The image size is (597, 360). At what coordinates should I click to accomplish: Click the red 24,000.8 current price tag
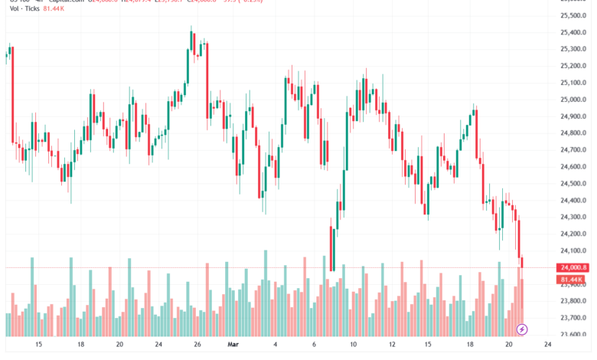click(573, 267)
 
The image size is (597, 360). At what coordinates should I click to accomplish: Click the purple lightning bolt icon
click(522, 329)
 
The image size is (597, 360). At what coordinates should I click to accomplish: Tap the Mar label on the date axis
click(233, 345)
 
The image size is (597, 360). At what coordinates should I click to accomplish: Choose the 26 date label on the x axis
click(197, 345)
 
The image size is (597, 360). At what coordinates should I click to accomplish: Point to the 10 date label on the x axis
click(354, 345)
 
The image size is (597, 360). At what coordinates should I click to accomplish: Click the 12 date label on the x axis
click(392, 345)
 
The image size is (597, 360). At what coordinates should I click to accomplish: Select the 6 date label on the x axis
click(315, 345)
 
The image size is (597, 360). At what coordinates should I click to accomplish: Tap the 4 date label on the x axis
click(276, 345)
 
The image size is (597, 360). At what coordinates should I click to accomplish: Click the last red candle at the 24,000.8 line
click(523, 263)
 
